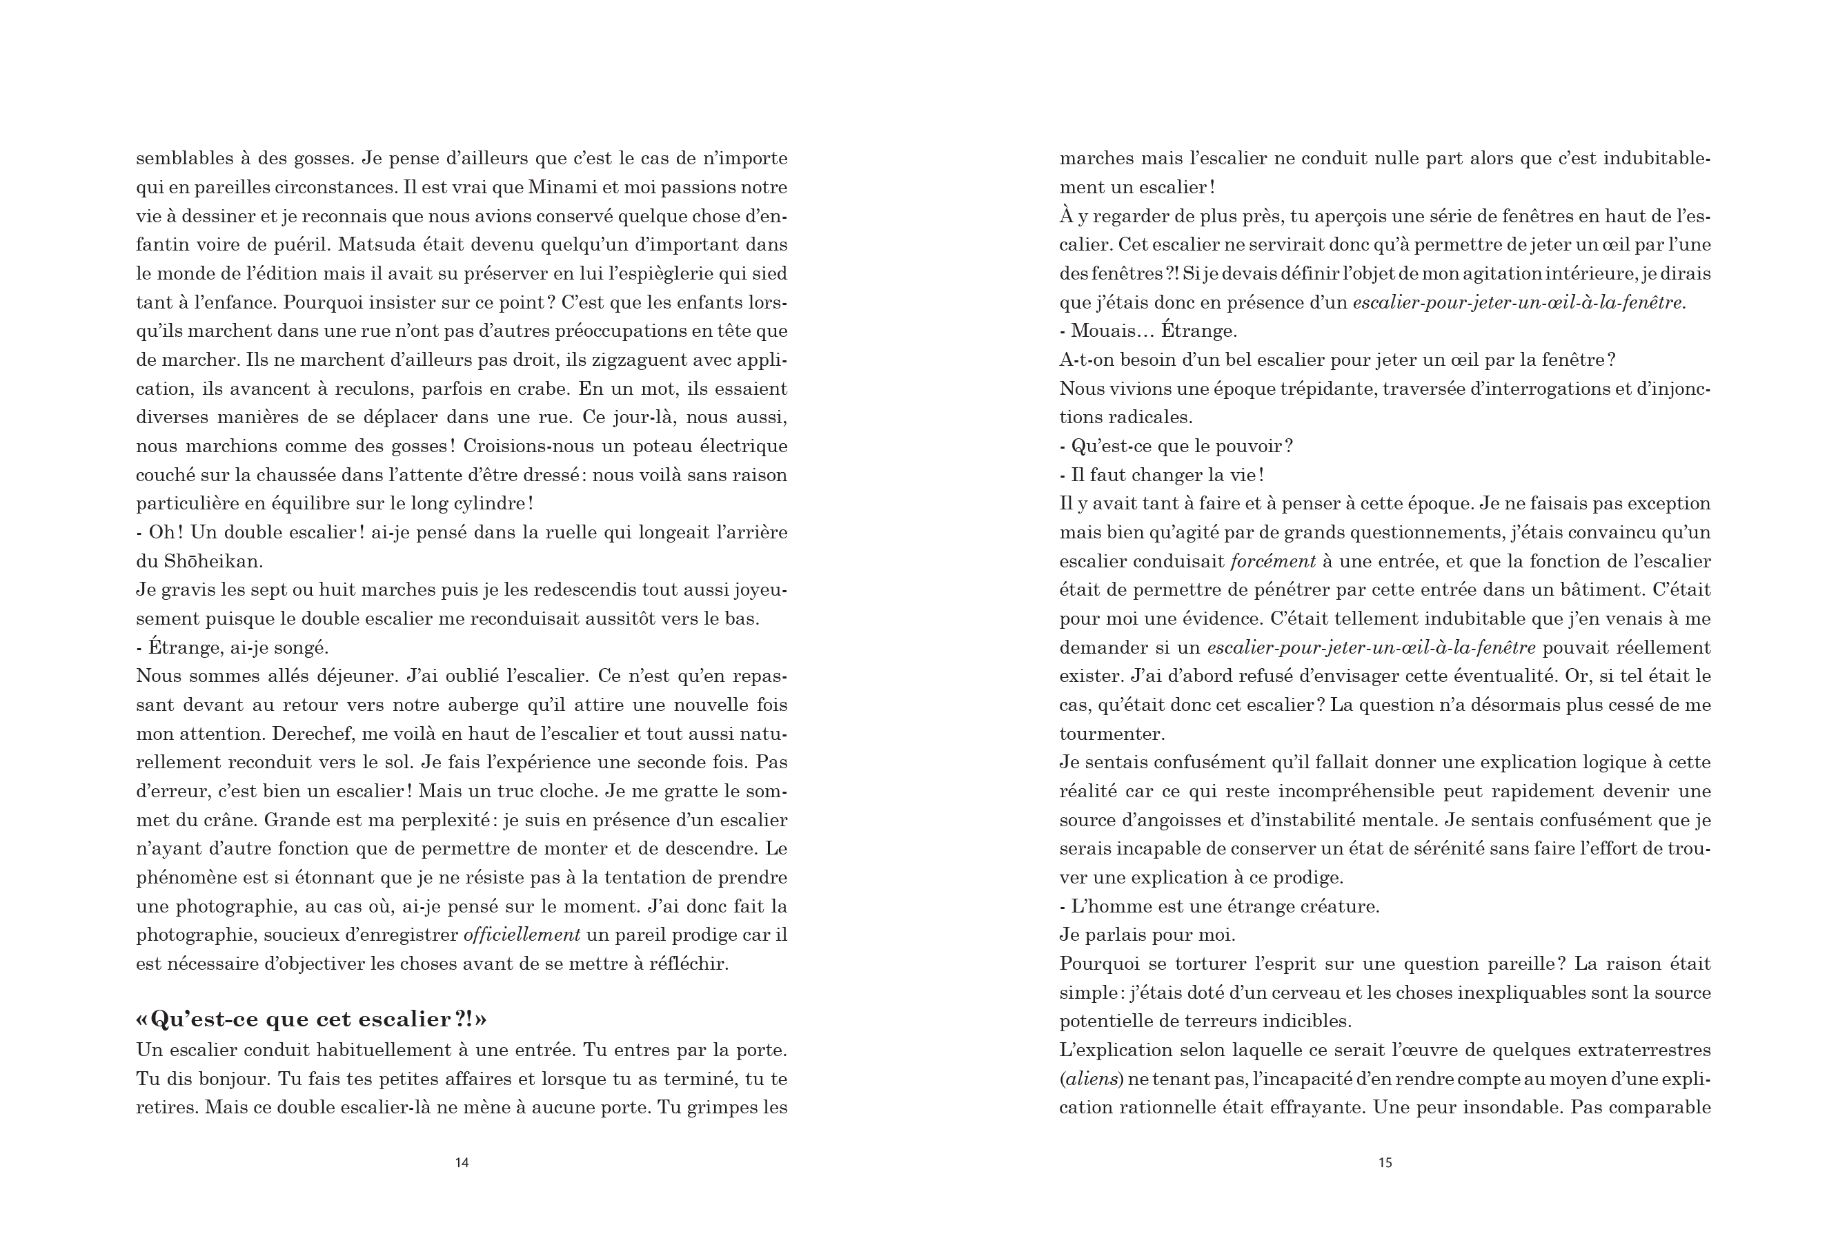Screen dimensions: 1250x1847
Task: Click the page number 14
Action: [x=462, y=1162]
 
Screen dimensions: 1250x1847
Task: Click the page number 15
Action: [x=1385, y=1162]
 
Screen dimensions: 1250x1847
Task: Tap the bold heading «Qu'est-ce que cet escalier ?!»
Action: [x=312, y=1019]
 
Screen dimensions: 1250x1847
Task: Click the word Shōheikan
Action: [x=213, y=561]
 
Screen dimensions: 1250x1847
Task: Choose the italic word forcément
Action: [x=1273, y=561]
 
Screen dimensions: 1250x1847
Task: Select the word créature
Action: [x=1339, y=906]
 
